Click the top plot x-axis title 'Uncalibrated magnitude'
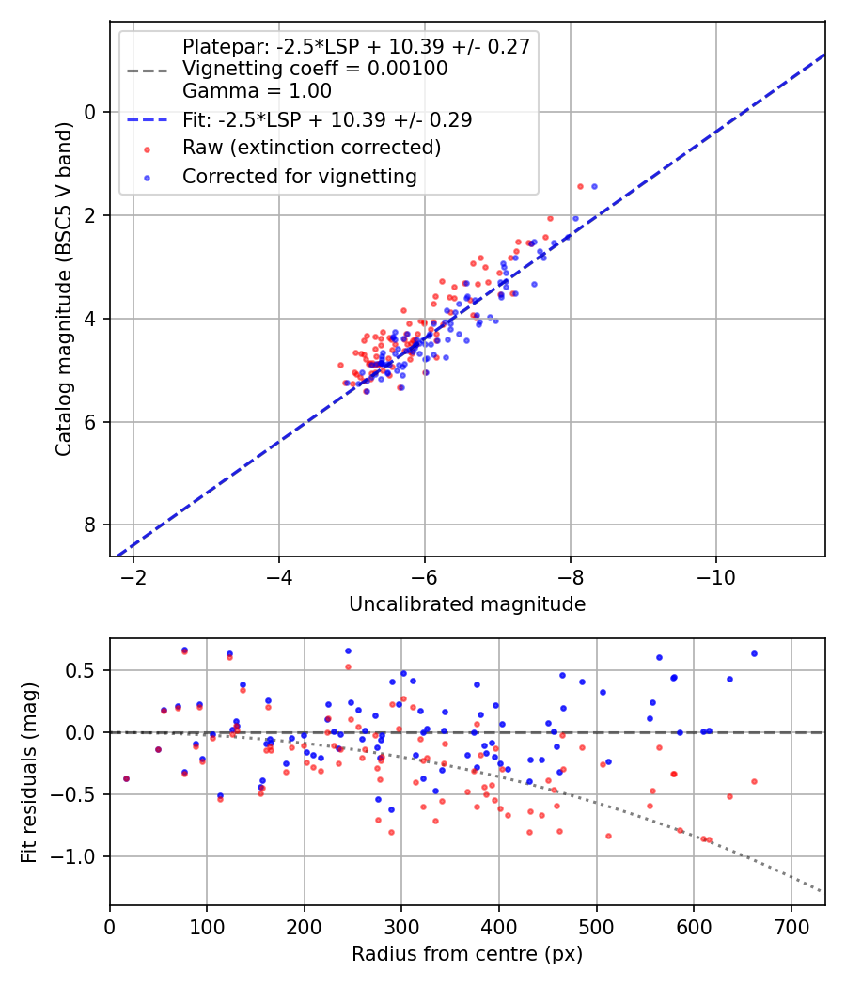click(467, 604)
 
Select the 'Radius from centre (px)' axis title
click(467, 954)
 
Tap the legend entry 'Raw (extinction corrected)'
click(311, 148)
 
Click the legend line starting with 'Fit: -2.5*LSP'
click(327, 120)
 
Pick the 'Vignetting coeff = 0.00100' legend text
click(315, 69)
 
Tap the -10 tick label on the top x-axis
click(716, 574)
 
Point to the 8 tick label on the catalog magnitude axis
click(91, 525)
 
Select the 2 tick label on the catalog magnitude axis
click(91, 215)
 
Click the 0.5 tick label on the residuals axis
click(85, 671)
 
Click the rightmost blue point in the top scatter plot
click(593, 186)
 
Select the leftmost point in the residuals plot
click(126, 778)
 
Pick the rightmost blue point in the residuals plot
click(754, 653)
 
